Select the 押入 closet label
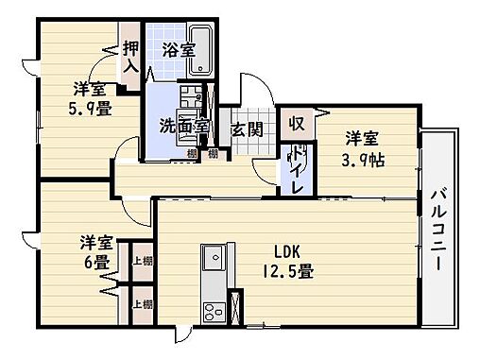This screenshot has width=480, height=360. tap(130, 58)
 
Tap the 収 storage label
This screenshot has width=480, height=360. tap(296, 123)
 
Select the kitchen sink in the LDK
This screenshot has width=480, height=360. tap(212, 257)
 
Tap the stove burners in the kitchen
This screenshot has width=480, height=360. tap(212, 310)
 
